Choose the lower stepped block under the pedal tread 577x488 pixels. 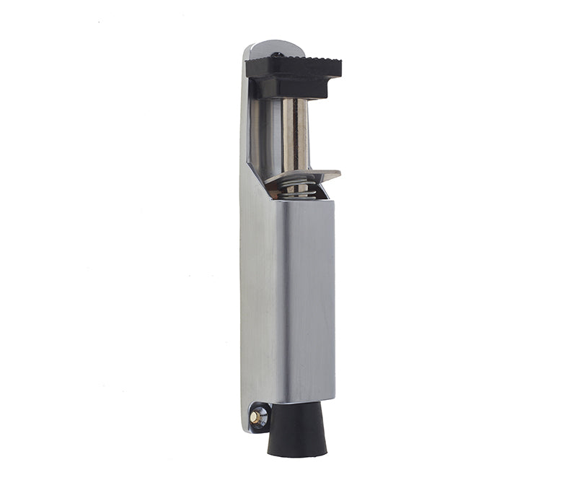(x=288, y=88)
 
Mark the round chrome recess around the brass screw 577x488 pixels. (x=257, y=416)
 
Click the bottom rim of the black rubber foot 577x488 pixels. (x=296, y=453)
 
